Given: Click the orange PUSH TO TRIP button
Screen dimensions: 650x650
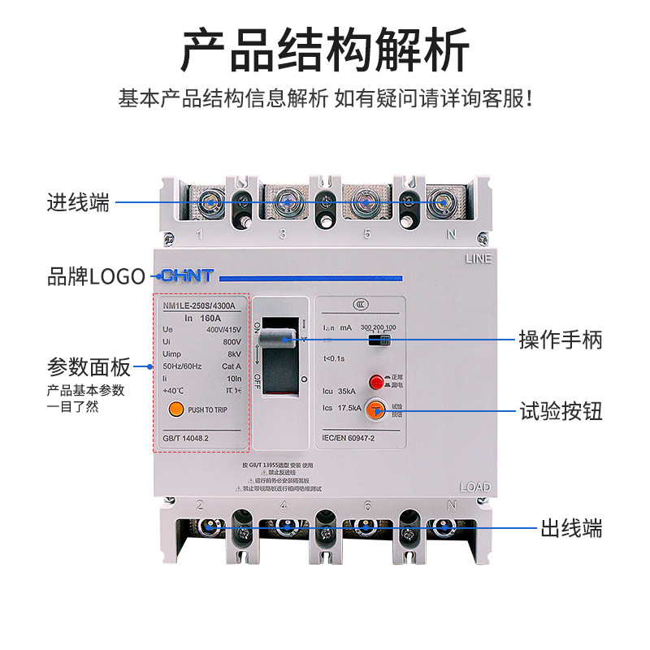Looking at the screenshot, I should [x=174, y=410].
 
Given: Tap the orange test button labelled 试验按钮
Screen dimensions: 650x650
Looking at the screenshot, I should [x=375, y=411].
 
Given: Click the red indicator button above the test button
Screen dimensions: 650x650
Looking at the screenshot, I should [x=376, y=381].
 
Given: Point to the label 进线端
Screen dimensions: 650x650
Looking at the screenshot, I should [x=78, y=202].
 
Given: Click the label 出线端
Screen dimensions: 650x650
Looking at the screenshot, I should [x=572, y=529].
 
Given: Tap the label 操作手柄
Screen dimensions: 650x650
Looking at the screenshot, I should [x=561, y=340].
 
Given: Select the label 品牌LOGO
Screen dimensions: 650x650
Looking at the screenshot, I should [x=96, y=277].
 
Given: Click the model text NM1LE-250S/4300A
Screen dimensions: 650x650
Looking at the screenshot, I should [x=199, y=305].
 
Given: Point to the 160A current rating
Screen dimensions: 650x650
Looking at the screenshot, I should [x=210, y=318].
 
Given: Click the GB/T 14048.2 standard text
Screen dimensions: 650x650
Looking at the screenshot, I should [x=185, y=437].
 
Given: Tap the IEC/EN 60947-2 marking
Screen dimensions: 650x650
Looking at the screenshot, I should [x=349, y=436].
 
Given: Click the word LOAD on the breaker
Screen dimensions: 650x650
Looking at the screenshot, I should [x=475, y=487].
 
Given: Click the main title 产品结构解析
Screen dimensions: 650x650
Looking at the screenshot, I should [x=325, y=50].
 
